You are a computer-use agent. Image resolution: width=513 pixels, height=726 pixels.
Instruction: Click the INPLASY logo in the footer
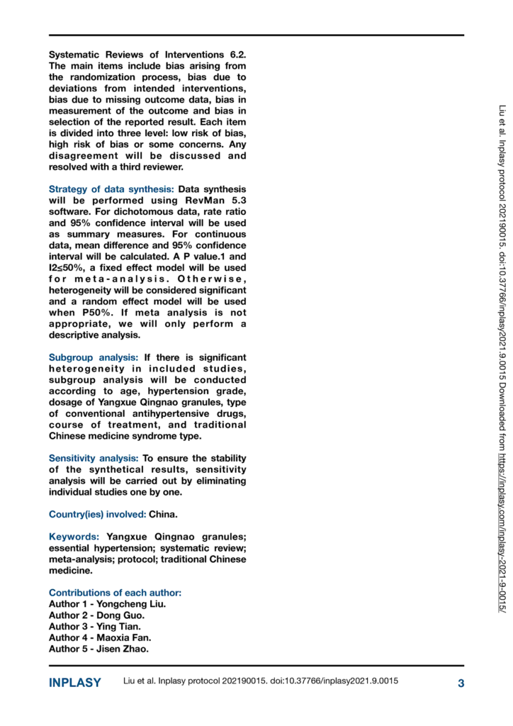[x=74, y=683]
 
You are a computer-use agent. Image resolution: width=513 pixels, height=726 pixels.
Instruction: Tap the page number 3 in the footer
[x=461, y=683]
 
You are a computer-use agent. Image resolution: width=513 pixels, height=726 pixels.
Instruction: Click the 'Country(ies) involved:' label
[x=97, y=514]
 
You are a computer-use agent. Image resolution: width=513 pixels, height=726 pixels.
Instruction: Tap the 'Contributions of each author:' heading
[x=115, y=592]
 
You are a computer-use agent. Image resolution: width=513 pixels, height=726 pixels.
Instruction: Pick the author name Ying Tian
[x=120, y=627]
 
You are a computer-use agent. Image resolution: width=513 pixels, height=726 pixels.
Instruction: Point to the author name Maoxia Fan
[x=125, y=638]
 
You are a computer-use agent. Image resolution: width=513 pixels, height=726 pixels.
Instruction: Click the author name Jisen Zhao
[x=125, y=649]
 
